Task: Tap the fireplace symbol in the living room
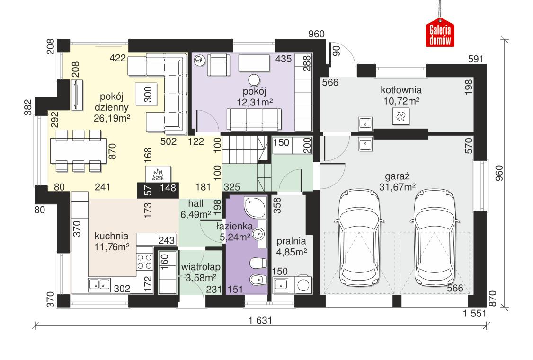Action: tap(158, 174)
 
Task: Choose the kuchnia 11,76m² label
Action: tap(111, 240)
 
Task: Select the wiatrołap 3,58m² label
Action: tap(199, 272)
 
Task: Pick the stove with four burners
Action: tap(145, 262)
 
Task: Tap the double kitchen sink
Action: tap(99, 284)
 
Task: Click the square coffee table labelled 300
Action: tap(147, 94)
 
